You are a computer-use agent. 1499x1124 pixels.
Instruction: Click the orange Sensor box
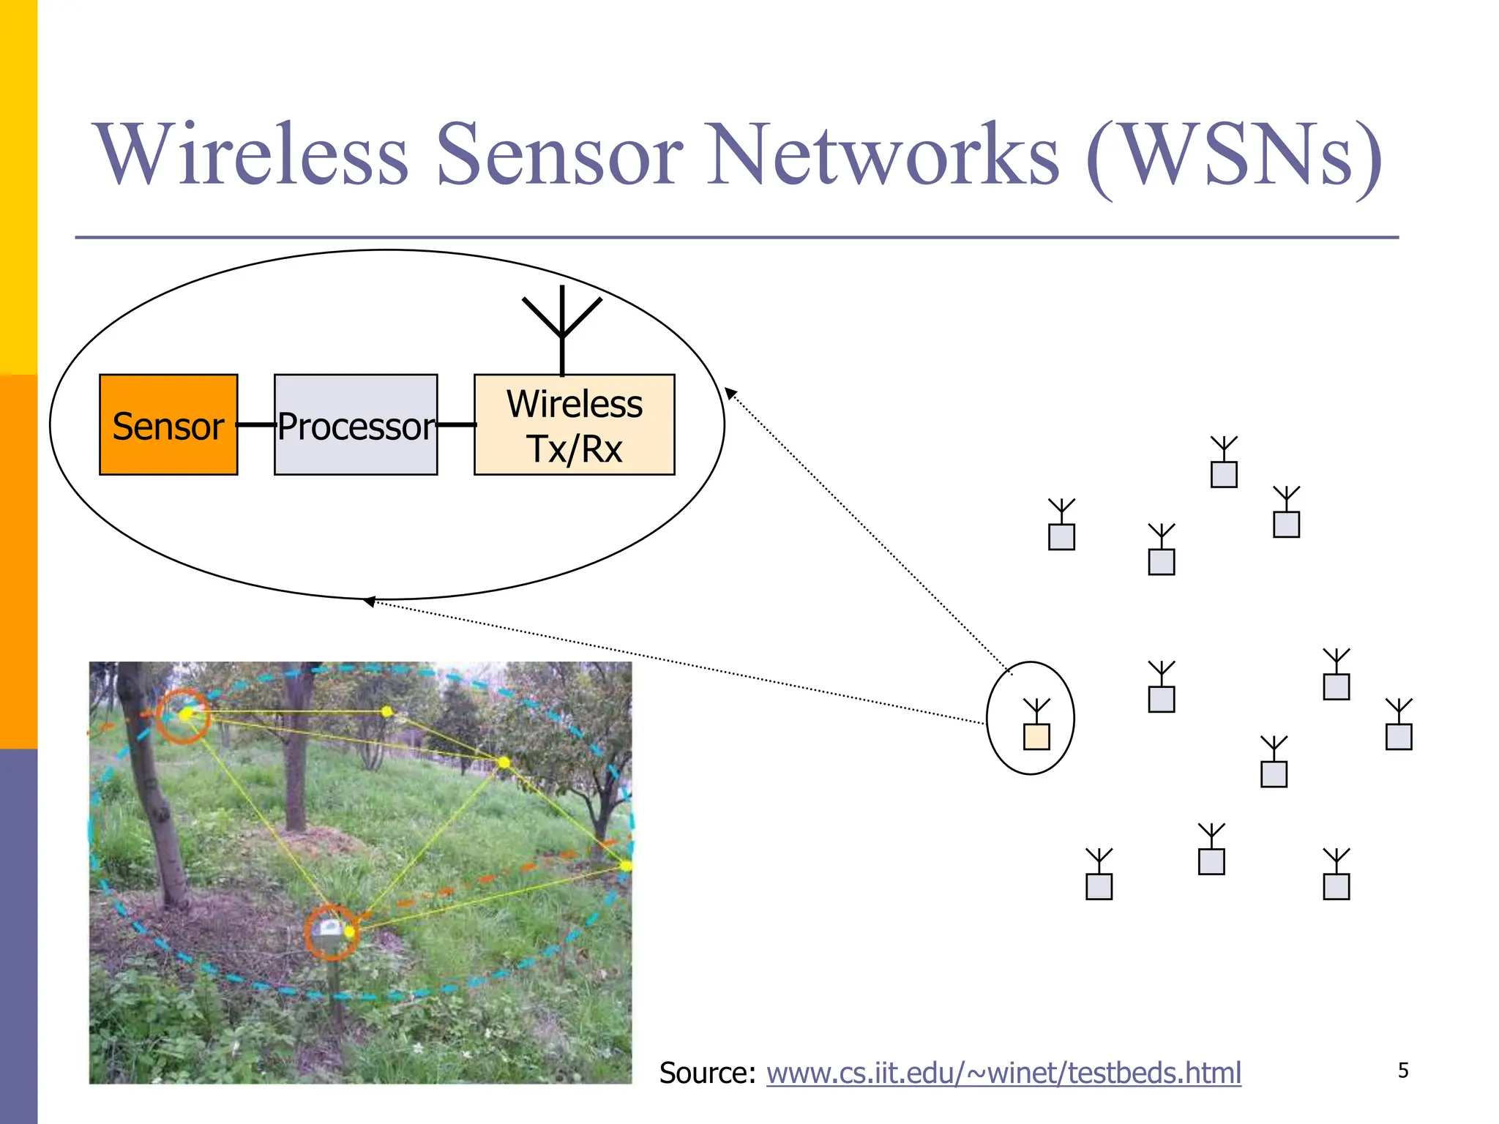(168, 424)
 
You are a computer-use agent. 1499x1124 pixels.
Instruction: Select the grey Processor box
(356, 424)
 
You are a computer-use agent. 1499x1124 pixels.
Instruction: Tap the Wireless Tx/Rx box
(574, 424)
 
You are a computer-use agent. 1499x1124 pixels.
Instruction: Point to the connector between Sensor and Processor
(255, 424)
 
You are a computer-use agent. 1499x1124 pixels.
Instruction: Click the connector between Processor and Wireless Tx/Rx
(456, 424)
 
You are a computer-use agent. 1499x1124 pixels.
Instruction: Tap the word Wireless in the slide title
(250, 155)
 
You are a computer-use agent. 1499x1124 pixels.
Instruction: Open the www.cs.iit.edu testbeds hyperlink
(1003, 1073)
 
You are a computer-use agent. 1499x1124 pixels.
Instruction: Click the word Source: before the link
(707, 1073)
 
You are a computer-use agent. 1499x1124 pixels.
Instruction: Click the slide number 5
(1403, 1071)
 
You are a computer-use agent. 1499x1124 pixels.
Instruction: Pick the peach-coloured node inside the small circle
(1036, 735)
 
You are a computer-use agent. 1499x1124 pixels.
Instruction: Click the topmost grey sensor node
(1224, 474)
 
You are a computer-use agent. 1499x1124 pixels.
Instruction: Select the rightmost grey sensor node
(1399, 736)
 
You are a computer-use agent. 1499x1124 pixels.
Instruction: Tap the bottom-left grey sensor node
(1099, 886)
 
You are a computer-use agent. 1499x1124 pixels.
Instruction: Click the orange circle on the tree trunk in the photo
(183, 716)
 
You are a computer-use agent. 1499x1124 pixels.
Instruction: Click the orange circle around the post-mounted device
(332, 932)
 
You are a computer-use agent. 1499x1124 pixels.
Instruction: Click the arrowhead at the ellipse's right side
(730, 393)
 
